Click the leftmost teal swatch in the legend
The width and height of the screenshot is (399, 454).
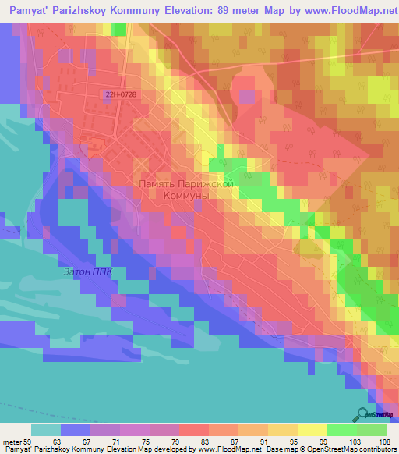coord(46,430)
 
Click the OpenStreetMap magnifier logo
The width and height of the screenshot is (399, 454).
coord(362,415)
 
